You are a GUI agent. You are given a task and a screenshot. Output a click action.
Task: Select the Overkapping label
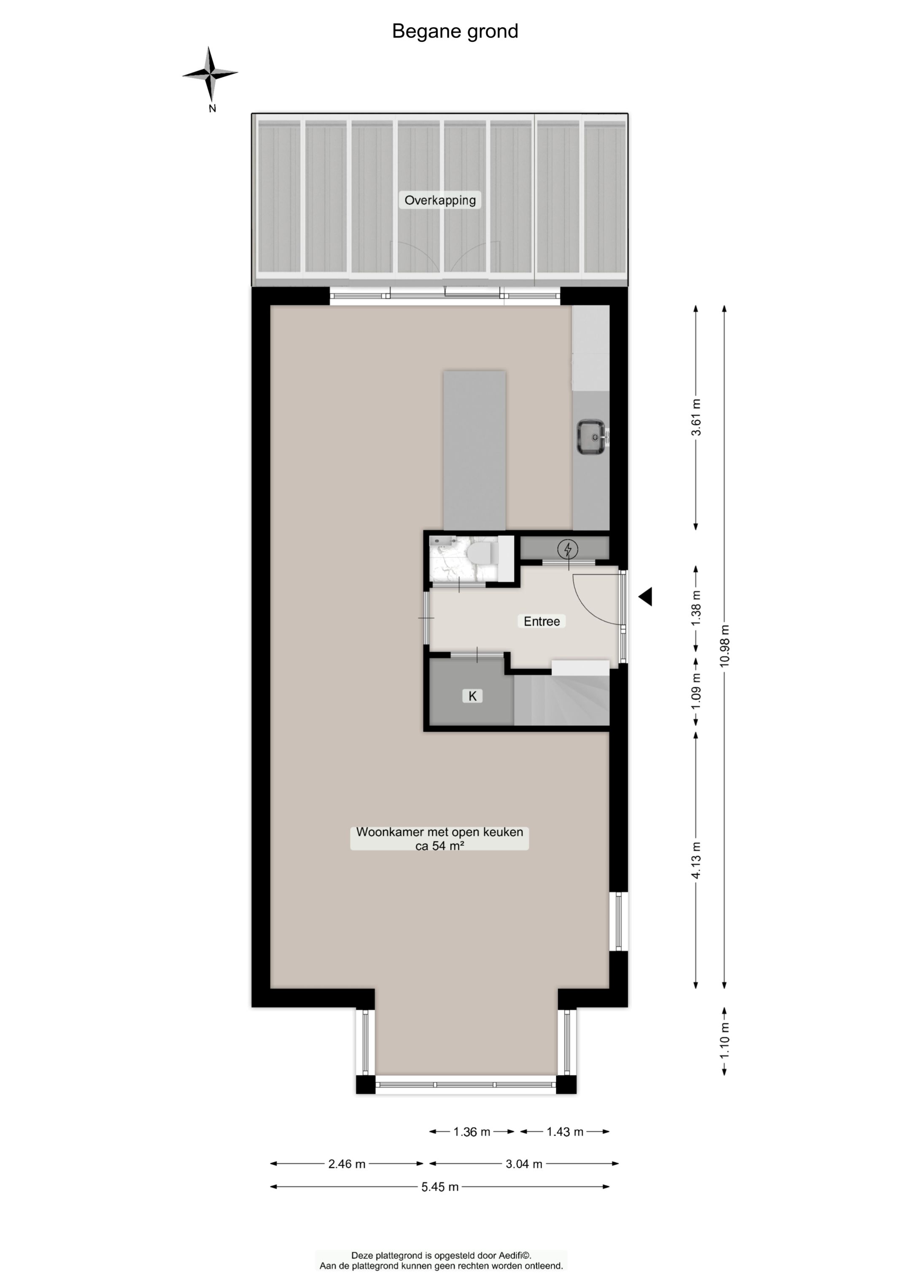(440, 200)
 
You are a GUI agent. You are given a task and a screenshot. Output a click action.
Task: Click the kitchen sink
(591, 437)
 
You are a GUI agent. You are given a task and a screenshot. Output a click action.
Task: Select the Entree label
(541, 621)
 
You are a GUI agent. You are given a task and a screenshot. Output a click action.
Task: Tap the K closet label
(472, 696)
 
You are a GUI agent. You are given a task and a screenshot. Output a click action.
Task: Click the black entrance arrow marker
(646, 596)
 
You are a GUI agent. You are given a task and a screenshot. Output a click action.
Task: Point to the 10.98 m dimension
(725, 645)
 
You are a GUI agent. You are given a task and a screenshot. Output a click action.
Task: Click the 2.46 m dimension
(347, 1164)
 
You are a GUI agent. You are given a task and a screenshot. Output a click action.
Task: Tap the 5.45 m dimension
(440, 1187)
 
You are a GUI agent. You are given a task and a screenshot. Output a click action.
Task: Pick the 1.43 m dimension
(565, 1132)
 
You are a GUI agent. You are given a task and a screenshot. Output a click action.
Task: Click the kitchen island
(474, 449)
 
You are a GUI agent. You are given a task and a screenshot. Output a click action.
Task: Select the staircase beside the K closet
(561, 701)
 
